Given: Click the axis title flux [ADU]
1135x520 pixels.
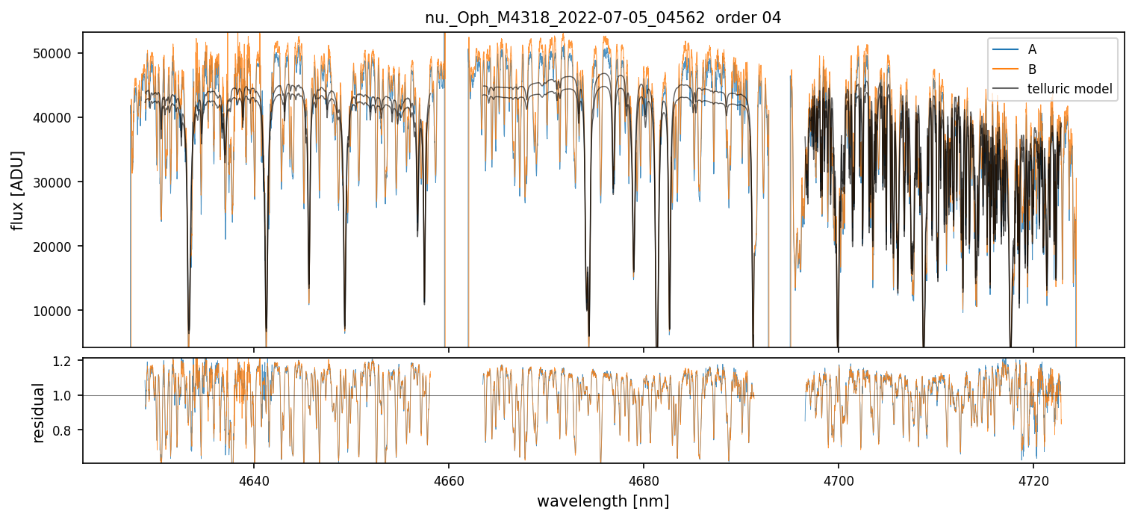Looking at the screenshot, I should (x=18, y=190).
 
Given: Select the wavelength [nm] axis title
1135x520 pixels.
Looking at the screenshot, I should (x=603, y=501).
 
